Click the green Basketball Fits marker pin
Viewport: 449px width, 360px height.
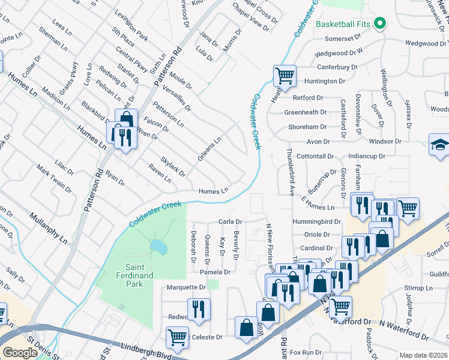tap(379, 24)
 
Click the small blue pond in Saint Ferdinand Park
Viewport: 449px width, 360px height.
tap(158, 247)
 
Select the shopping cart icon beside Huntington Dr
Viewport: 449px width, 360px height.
tap(285, 76)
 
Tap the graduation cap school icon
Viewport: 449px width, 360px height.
tap(439, 145)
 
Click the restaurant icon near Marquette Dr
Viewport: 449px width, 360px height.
tap(199, 309)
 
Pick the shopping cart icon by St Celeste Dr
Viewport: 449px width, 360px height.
tap(177, 338)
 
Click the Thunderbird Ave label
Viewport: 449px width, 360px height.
tap(289, 173)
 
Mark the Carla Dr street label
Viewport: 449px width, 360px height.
tap(230, 221)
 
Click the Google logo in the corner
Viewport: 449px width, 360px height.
tap(20, 353)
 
